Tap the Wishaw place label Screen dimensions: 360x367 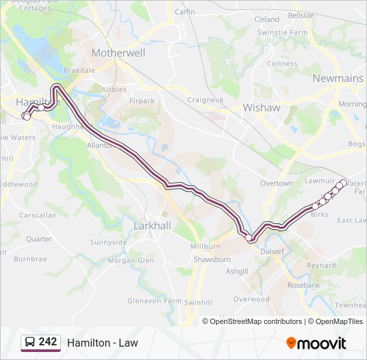coord(262,107)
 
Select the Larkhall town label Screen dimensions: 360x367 coord(152,226)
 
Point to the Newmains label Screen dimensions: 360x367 coord(338,79)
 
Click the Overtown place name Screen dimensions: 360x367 coord(276,183)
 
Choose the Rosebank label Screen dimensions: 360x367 coord(304,285)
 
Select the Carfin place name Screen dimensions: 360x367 coord(184,12)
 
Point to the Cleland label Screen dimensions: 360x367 coord(267,19)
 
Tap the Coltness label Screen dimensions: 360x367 coord(282,64)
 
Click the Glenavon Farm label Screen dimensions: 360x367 coord(154,301)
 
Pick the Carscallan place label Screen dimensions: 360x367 coord(37,215)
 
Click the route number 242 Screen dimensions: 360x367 coord(47,342)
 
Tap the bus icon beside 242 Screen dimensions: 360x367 coord(30,342)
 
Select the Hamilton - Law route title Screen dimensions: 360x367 coord(102,343)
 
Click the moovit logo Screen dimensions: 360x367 coord(316,343)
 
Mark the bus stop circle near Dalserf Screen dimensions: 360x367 coord(249,237)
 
